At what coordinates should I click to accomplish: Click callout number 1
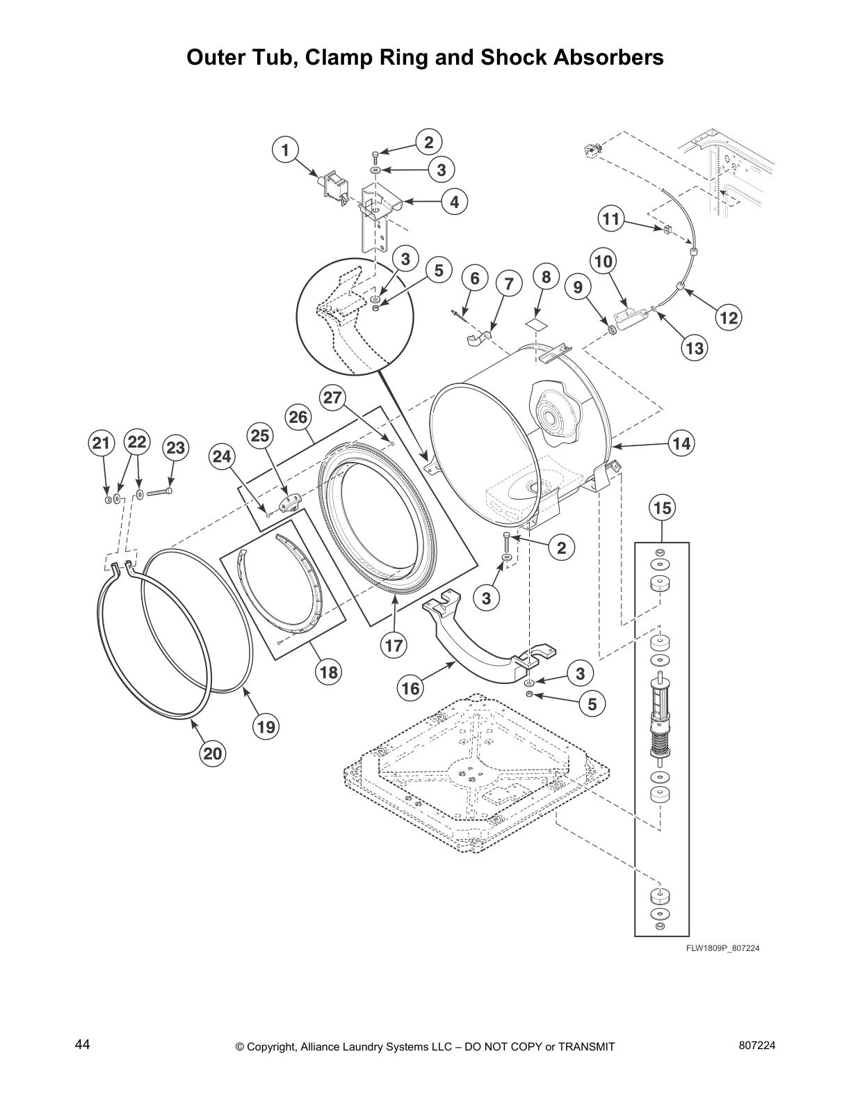coord(285,150)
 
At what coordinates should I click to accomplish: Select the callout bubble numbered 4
coord(454,202)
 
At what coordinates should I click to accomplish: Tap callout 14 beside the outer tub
coord(682,443)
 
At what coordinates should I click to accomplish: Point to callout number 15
coord(662,508)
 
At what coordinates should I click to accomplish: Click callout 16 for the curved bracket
coord(411,688)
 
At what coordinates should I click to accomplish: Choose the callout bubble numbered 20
coord(213,753)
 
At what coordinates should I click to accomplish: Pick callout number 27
coord(333,397)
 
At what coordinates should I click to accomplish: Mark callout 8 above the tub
coord(546,277)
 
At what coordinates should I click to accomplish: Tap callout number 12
coord(728,317)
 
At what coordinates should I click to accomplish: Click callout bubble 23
coord(175,447)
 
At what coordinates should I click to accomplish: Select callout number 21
coord(102,443)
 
